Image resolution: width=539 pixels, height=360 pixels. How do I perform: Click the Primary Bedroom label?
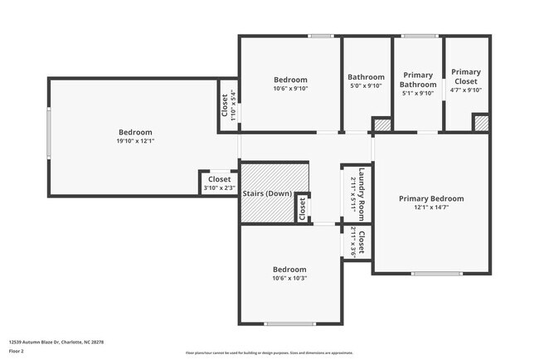pyautogui.click(x=430, y=198)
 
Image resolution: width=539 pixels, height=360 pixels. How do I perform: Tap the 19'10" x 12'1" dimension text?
pyautogui.click(x=135, y=141)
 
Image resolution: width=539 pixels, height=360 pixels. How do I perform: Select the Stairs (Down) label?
pyautogui.click(x=266, y=193)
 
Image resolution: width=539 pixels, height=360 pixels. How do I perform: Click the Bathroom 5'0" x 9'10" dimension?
pyautogui.click(x=366, y=85)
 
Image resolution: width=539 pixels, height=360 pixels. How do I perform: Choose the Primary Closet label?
pyautogui.click(x=466, y=76)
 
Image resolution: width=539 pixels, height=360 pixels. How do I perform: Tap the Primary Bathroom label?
pyautogui.click(x=417, y=80)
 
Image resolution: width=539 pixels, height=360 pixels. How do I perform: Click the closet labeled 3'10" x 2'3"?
pyautogui.click(x=219, y=183)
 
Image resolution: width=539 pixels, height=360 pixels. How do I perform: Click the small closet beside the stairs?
pyautogui.click(x=302, y=208)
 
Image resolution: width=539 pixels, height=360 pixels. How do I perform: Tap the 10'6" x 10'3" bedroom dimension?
pyautogui.click(x=289, y=278)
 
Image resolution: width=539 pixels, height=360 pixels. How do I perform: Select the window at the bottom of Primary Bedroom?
pyautogui.click(x=436, y=273)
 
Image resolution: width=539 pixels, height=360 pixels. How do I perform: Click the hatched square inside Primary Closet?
pyautogui.click(x=481, y=123)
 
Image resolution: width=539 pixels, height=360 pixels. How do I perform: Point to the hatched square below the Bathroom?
pyautogui.click(x=381, y=124)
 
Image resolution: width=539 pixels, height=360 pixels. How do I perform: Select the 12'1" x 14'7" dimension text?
pyautogui.click(x=430, y=207)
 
